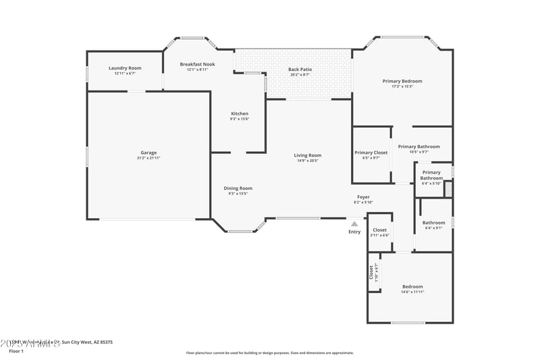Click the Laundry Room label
(125, 68)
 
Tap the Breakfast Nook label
(197, 64)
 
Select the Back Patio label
(299, 70)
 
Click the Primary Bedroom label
(402, 81)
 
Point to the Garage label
(148, 153)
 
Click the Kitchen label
(240, 113)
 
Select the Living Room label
(307, 155)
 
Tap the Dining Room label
(238, 188)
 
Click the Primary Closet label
(371, 153)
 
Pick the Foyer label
(363, 197)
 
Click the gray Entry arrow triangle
(354, 224)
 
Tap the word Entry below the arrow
(354, 232)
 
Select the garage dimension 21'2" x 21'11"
(148, 158)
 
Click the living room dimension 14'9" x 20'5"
(307, 161)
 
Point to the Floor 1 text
(16, 351)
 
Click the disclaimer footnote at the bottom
(269, 353)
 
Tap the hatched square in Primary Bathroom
(448, 190)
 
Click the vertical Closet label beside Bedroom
(371, 272)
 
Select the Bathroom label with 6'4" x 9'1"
(433, 223)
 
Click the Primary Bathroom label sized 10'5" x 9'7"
(418, 147)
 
